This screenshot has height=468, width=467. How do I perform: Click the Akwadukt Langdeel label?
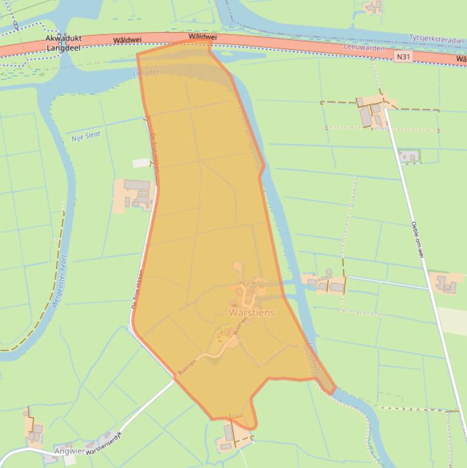(x=63, y=43)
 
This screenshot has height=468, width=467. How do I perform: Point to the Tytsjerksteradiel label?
(x=437, y=38)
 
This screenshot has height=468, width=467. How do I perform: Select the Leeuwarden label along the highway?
(x=364, y=47)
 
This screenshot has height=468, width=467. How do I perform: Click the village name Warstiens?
(x=251, y=313)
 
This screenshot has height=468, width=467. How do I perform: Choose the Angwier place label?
(x=69, y=451)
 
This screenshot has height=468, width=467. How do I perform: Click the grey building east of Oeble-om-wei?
(x=446, y=283)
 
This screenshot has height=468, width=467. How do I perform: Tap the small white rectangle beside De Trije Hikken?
(x=141, y=163)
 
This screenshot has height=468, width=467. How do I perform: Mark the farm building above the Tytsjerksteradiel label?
(x=372, y=7)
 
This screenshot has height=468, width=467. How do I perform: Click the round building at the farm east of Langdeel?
(x=329, y=272)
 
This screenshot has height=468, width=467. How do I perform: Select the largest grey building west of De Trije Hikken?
(x=137, y=185)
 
